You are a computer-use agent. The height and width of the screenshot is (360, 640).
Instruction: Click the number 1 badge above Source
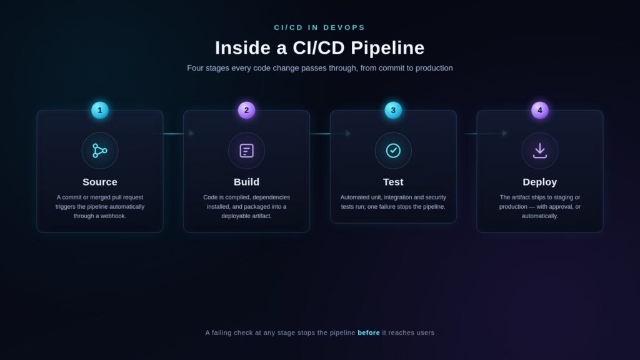[x=99, y=110]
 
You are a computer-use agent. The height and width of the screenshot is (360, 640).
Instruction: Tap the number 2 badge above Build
[x=246, y=110]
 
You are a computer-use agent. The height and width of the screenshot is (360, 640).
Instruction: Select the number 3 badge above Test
[x=393, y=110]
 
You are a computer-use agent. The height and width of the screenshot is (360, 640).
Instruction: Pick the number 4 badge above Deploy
[x=539, y=110]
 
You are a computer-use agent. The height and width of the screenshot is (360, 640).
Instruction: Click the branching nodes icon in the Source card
[x=99, y=151]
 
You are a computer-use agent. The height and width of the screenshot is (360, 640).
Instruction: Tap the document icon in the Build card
[x=246, y=151]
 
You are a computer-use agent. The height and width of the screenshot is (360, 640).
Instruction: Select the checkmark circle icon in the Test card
[x=393, y=151]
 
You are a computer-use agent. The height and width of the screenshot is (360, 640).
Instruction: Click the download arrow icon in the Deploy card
[x=539, y=151]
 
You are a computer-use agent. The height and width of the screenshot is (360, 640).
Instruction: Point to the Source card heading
[x=99, y=182]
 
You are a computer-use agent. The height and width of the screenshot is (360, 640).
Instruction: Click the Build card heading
[x=246, y=182]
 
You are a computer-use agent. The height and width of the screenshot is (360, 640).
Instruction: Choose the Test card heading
[x=393, y=182]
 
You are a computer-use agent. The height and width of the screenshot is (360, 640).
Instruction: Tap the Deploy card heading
[x=539, y=182]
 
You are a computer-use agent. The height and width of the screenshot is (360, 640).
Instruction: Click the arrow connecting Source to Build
[x=174, y=134]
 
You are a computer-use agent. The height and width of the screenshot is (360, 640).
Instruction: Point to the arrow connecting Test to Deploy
[x=486, y=134]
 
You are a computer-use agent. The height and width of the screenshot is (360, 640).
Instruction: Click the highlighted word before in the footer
[x=369, y=332]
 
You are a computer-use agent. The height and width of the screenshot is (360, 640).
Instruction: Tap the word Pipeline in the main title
[x=387, y=48]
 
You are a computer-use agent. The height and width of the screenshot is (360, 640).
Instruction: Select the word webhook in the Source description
[x=115, y=216]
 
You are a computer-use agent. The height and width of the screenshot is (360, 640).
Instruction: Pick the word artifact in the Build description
[x=261, y=216]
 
